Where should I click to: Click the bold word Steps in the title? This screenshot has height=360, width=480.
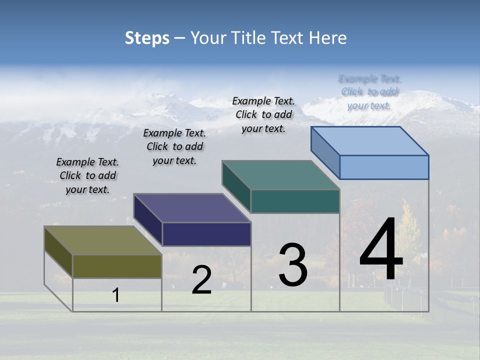(x=147, y=38)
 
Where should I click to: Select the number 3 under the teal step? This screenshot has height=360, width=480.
(x=293, y=265)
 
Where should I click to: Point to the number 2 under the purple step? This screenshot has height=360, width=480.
(x=202, y=280)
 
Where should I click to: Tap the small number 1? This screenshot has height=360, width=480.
(x=116, y=295)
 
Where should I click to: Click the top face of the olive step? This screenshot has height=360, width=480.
(x=102, y=240)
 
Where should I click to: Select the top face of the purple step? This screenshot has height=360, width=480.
(x=192, y=208)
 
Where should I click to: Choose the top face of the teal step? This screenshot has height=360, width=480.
(x=281, y=175)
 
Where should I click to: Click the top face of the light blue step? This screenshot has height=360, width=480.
(x=370, y=141)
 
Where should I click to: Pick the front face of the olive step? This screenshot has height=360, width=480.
(x=117, y=266)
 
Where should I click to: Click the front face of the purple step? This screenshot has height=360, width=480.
(x=206, y=234)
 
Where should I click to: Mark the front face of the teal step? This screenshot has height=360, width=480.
(x=295, y=201)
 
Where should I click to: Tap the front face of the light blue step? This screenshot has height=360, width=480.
(x=384, y=167)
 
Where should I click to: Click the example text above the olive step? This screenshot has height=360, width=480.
(x=87, y=175)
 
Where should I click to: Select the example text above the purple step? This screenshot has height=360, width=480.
(x=174, y=146)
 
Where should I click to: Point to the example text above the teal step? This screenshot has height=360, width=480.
(x=263, y=114)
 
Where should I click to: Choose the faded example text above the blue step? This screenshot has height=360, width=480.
(x=369, y=92)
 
